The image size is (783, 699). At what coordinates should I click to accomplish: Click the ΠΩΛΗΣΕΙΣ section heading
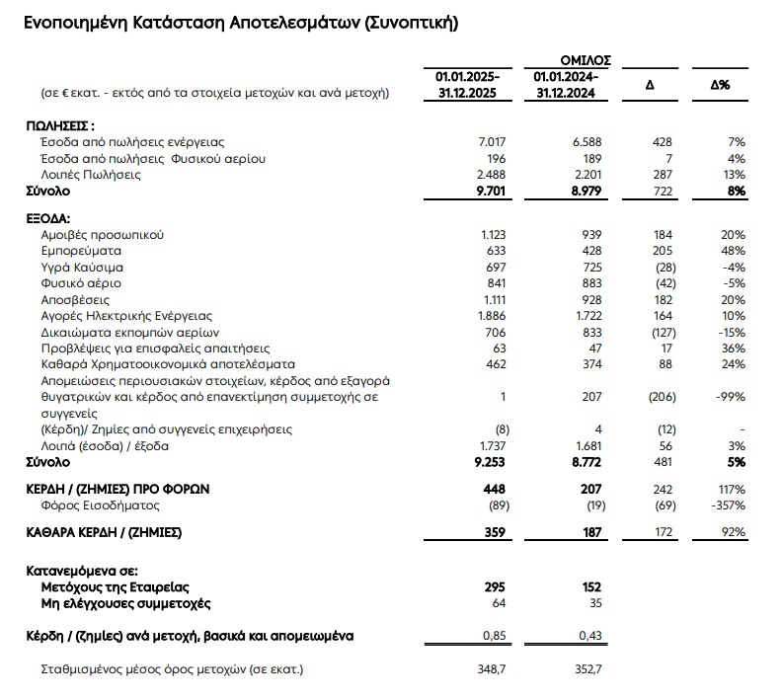coord(61,125)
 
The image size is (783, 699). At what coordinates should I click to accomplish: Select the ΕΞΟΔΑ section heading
coord(48,218)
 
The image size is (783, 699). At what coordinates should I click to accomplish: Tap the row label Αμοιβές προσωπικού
coord(103,235)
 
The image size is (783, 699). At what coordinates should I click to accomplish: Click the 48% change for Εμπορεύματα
coord(733,251)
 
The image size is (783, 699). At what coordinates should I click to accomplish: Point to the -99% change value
coord(730,396)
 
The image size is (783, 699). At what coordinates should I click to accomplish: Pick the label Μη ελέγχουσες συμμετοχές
coord(126,603)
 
